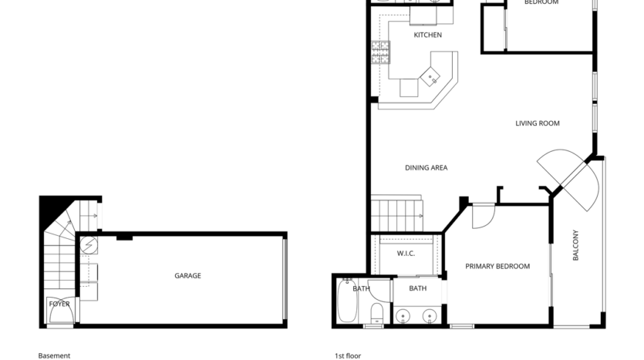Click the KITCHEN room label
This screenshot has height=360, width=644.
coord(427,35)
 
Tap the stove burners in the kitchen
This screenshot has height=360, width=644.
coord(380,52)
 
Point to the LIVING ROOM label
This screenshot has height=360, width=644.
coord(537,123)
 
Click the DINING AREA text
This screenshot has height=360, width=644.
coord(426,168)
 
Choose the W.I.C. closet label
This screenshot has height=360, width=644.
coord(406,254)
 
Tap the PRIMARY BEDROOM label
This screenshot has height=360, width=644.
coord(497,267)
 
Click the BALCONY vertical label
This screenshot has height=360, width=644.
coord(575,246)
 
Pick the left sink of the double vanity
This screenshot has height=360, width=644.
coord(405,315)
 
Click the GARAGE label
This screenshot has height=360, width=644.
coord(187,276)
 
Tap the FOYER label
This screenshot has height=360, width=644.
coord(59,304)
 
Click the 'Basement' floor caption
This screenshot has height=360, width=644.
coord(54,355)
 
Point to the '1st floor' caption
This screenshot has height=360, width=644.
coord(347,355)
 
